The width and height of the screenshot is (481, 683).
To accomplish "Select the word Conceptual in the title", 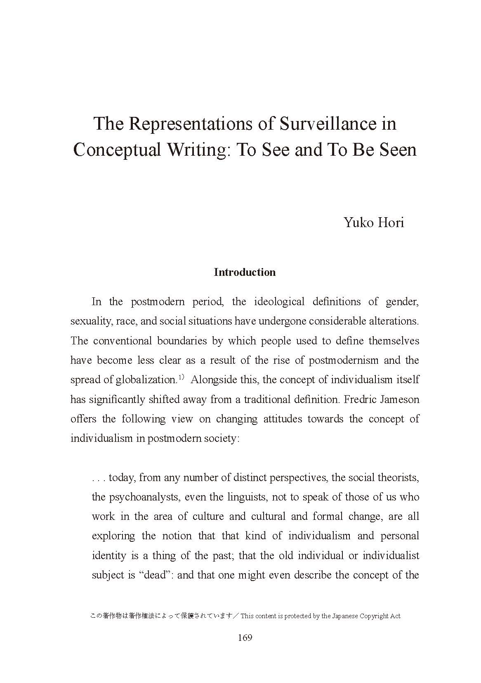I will coord(117,149).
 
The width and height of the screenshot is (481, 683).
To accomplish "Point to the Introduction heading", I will coord(245,272).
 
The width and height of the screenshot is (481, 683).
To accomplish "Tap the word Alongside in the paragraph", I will coord(210,380).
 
